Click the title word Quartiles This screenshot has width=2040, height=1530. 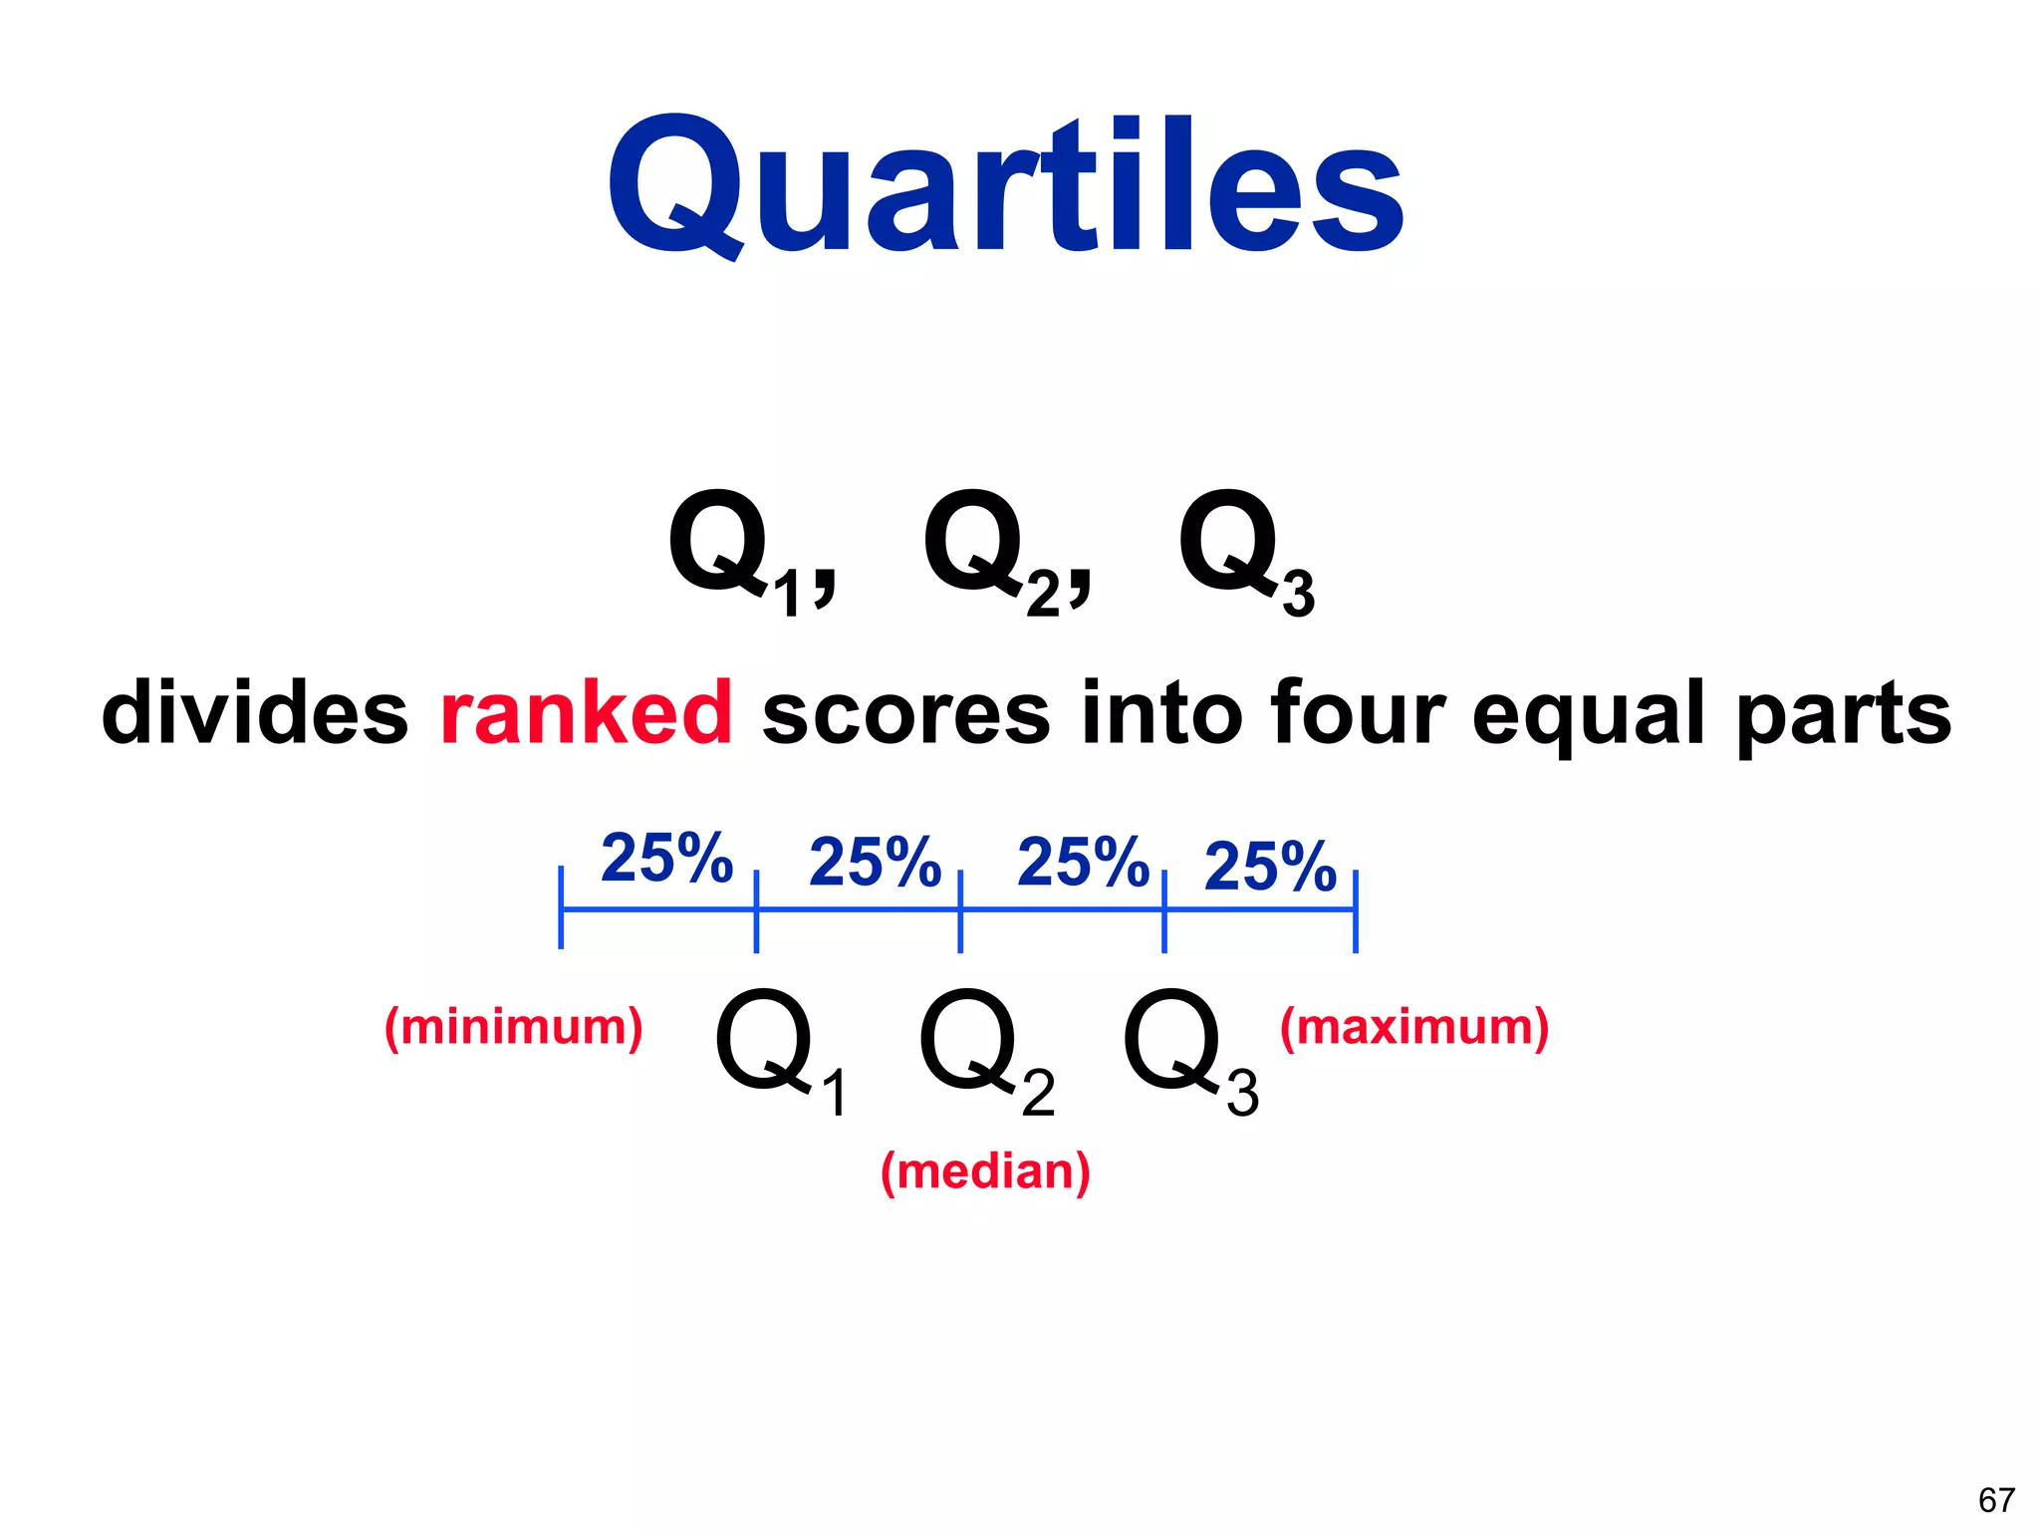tap(1006, 187)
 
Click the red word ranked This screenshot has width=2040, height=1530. tap(586, 712)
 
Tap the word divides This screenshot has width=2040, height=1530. tap(255, 712)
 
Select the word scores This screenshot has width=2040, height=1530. tap(905, 712)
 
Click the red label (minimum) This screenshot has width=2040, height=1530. tap(514, 1027)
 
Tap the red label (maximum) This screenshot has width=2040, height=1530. tap(1414, 1027)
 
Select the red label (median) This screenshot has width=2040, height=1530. tap(985, 1171)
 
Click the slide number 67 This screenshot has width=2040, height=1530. tap(1996, 1499)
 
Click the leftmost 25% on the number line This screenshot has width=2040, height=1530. tap(666, 858)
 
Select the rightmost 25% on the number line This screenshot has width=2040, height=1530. tap(1270, 866)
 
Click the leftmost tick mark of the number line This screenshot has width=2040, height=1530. tap(562, 907)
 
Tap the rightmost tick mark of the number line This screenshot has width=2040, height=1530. tap(1356, 910)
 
